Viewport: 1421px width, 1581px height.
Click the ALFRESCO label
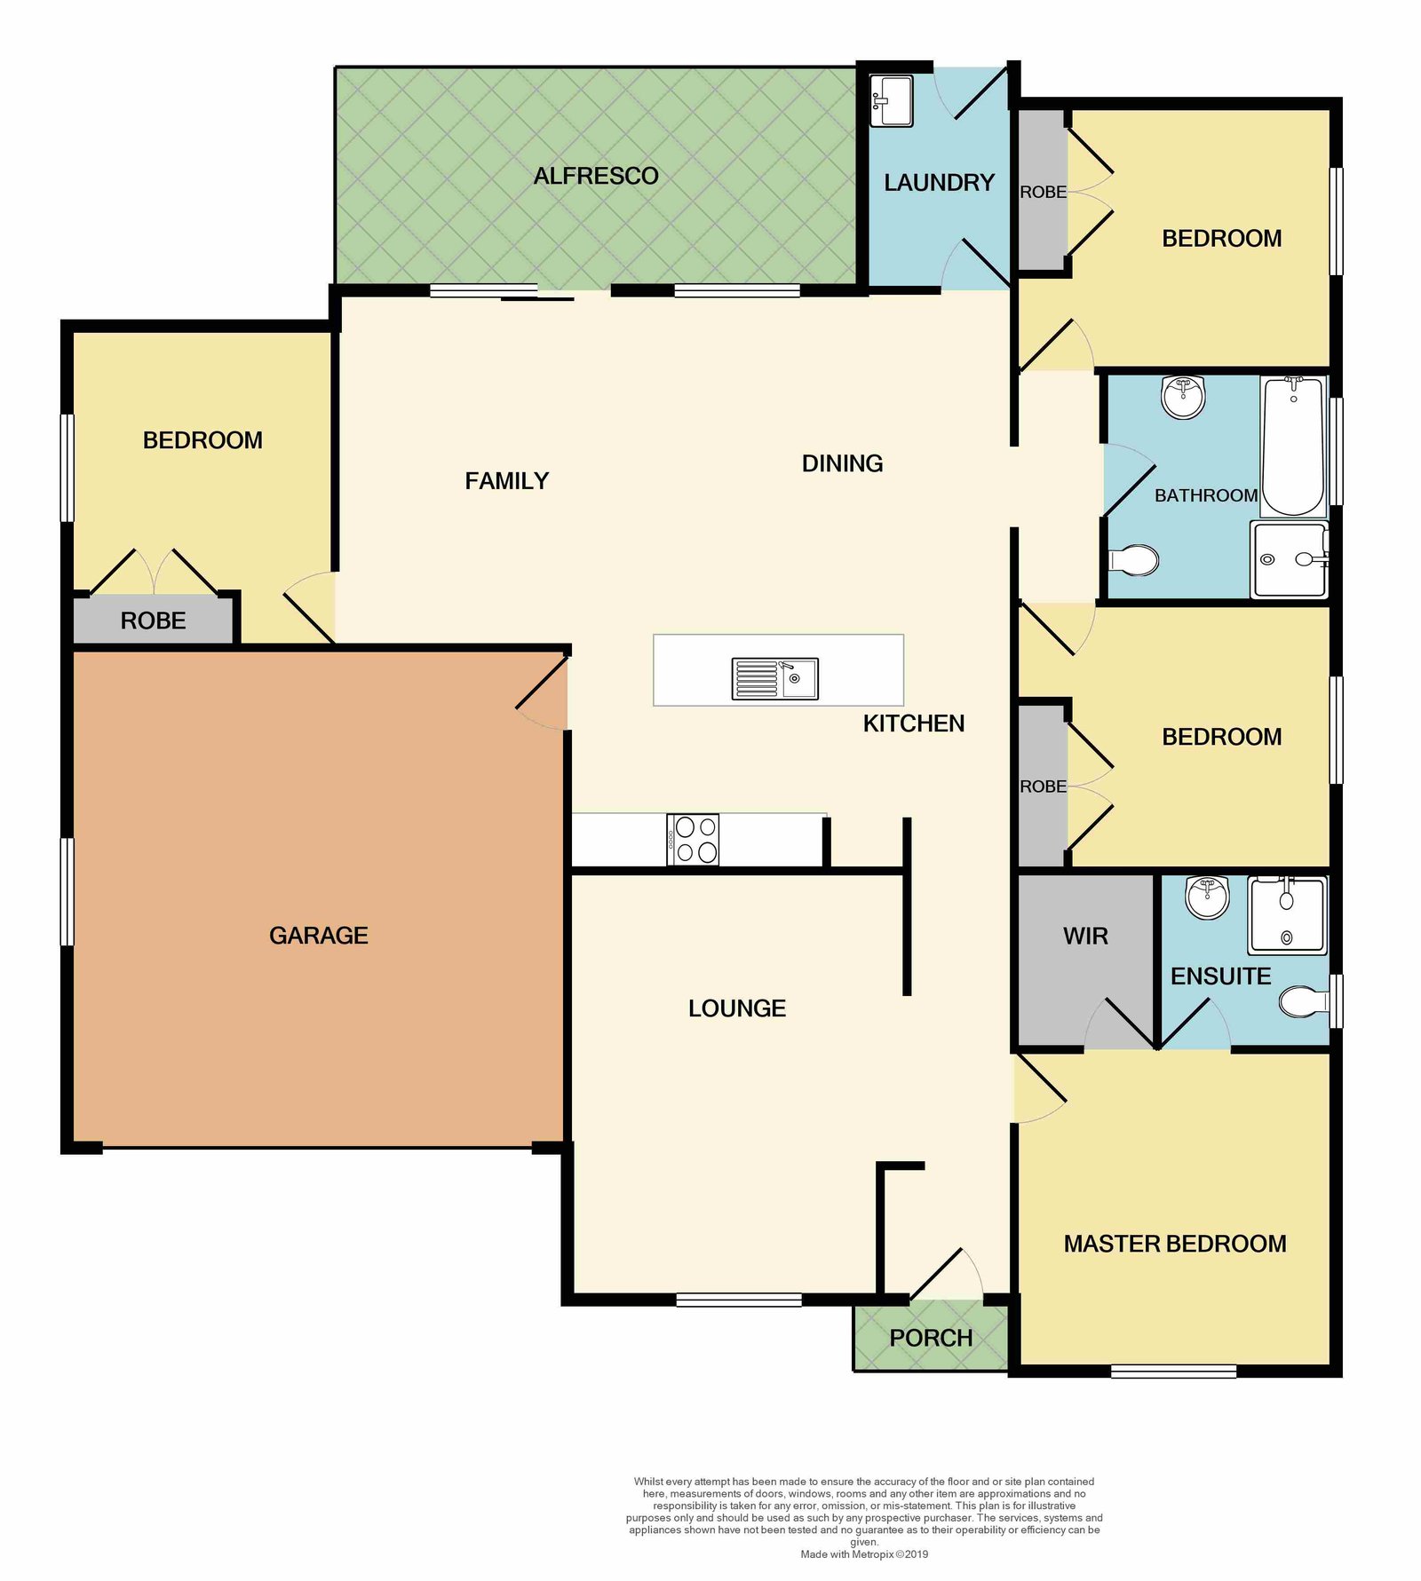click(x=596, y=176)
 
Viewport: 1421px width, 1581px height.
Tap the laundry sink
click(x=891, y=100)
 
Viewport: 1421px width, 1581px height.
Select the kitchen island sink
click(x=774, y=678)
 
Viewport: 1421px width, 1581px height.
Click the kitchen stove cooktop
click(x=693, y=839)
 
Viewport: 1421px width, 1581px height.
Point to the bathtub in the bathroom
click(x=1293, y=446)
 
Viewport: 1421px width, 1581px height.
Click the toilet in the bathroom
click(x=1133, y=560)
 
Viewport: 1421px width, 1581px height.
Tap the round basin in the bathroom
click(x=1183, y=396)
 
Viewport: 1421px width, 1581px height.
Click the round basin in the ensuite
click(x=1207, y=897)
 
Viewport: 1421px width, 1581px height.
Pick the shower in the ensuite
click(x=1287, y=914)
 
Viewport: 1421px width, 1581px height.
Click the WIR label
click(x=1085, y=936)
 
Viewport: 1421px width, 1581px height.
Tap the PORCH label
click(x=931, y=1338)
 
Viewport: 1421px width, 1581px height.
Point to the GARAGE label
click(x=319, y=935)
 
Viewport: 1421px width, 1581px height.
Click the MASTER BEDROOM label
click(x=1175, y=1244)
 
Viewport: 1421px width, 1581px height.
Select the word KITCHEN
click(x=914, y=723)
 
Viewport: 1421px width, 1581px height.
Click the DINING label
click(x=843, y=463)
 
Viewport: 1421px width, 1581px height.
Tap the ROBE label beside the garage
click(x=154, y=621)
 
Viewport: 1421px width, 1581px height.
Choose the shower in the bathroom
click(x=1290, y=559)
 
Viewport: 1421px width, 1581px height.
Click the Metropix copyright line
click(x=864, y=1553)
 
